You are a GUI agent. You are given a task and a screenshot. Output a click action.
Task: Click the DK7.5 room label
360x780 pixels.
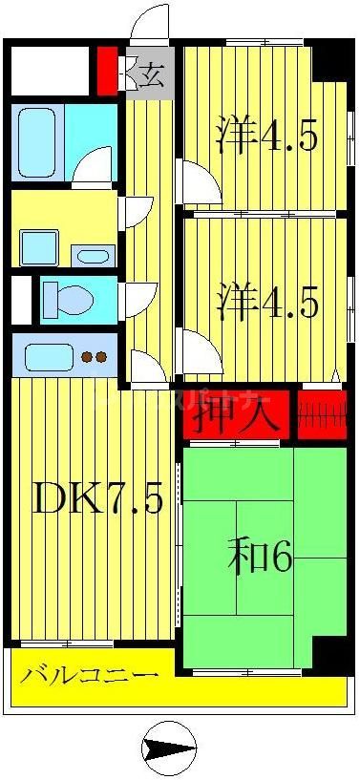[x=97, y=498]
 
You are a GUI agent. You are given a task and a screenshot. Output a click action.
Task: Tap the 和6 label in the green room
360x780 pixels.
[x=260, y=558]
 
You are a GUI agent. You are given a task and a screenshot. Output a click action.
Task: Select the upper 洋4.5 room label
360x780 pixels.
[x=266, y=136]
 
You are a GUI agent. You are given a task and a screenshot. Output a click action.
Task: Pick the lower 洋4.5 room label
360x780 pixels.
[x=266, y=303]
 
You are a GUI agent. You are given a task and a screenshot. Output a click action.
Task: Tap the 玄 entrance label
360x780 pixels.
[x=152, y=74]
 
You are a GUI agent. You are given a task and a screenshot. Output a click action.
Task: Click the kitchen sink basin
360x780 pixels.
[x=47, y=358]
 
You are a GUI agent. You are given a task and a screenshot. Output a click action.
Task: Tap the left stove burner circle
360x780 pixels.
[x=86, y=358]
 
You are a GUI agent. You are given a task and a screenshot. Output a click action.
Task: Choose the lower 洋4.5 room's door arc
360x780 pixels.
[x=200, y=352]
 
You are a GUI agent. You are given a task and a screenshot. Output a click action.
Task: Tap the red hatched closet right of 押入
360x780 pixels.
[x=321, y=415]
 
